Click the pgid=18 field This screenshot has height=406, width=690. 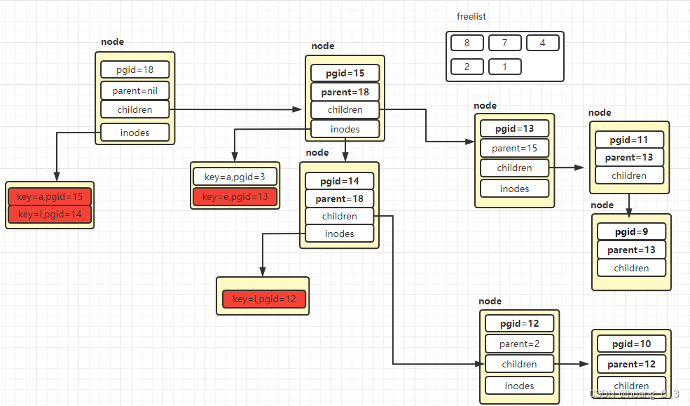[x=135, y=69]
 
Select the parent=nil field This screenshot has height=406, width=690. [x=135, y=90]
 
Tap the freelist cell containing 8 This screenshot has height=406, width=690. [x=467, y=43]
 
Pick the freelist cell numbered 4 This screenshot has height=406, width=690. [x=542, y=43]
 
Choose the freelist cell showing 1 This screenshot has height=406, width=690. [x=504, y=67]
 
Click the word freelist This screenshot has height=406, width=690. [x=471, y=16]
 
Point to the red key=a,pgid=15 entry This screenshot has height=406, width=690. [x=50, y=196]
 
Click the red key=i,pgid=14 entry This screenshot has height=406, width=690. [x=50, y=214]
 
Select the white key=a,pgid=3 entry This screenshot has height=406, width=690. [x=235, y=177]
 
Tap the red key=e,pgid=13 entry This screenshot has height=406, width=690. [x=235, y=197]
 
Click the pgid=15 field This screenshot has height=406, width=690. [x=345, y=73]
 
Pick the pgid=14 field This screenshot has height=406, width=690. [x=339, y=182]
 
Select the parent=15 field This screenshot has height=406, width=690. [x=514, y=148]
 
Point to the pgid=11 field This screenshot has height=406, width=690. [x=629, y=140]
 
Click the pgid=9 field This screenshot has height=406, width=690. [x=631, y=231]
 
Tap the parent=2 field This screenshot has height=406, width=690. [x=519, y=344]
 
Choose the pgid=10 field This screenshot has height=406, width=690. [x=631, y=344]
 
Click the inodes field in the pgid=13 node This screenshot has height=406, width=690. [x=514, y=189]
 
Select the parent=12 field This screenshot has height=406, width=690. [x=631, y=365]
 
